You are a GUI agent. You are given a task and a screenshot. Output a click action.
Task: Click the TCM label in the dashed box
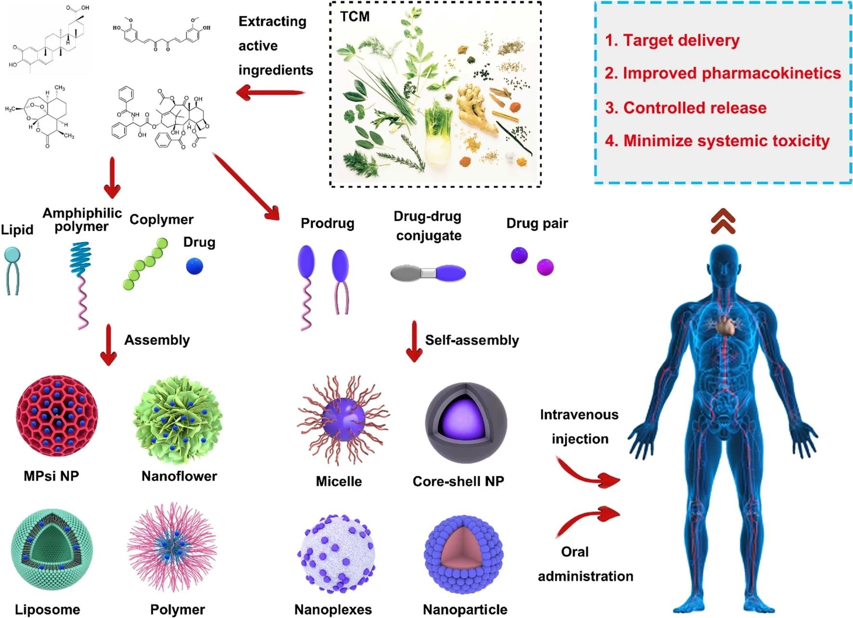point(355,17)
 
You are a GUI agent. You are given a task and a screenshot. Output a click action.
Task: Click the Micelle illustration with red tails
point(343,420)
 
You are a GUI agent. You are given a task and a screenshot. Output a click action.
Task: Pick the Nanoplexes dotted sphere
point(336,554)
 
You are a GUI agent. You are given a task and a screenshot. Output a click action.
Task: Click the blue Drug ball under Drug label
point(195,266)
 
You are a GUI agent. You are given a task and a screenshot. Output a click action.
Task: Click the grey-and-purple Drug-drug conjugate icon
point(428,273)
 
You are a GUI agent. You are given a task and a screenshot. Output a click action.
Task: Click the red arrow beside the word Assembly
point(108,345)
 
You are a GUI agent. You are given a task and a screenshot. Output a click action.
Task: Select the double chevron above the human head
point(723,222)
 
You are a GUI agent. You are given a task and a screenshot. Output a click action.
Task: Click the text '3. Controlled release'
point(685,108)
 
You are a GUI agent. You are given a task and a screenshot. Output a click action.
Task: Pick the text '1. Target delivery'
point(672,40)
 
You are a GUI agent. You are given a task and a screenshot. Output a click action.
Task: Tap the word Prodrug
point(328,224)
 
